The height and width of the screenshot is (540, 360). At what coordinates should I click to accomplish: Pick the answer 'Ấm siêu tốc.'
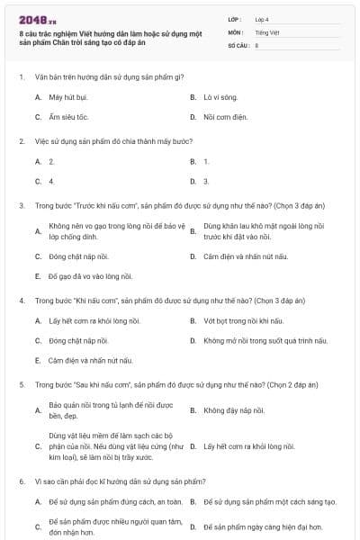pos(68,117)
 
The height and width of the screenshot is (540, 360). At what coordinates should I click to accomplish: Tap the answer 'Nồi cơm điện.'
pos(223,117)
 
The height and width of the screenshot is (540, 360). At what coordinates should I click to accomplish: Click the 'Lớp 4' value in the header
pos(261,18)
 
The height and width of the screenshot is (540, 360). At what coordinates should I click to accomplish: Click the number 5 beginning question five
pos(21,384)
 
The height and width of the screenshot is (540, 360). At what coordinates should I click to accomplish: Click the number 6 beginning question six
pos(21,481)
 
